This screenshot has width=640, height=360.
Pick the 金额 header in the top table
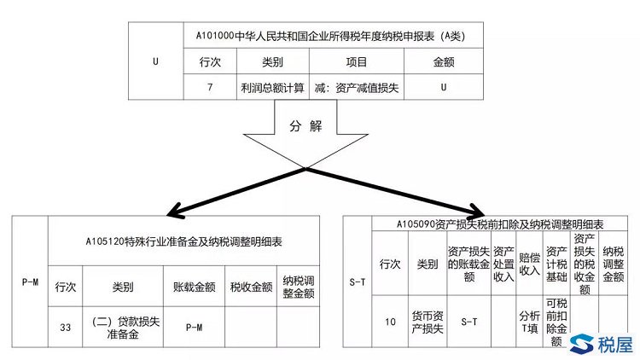coord(443,62)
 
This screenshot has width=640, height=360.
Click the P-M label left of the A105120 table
coord(30,282)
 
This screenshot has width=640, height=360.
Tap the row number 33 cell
coord(66,328)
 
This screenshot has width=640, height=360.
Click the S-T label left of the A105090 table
coord(358,282)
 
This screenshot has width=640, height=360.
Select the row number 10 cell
coord(390,322)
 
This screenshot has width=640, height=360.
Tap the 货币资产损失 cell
coord(423,322)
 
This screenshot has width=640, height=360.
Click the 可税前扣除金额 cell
coord(556,322)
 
